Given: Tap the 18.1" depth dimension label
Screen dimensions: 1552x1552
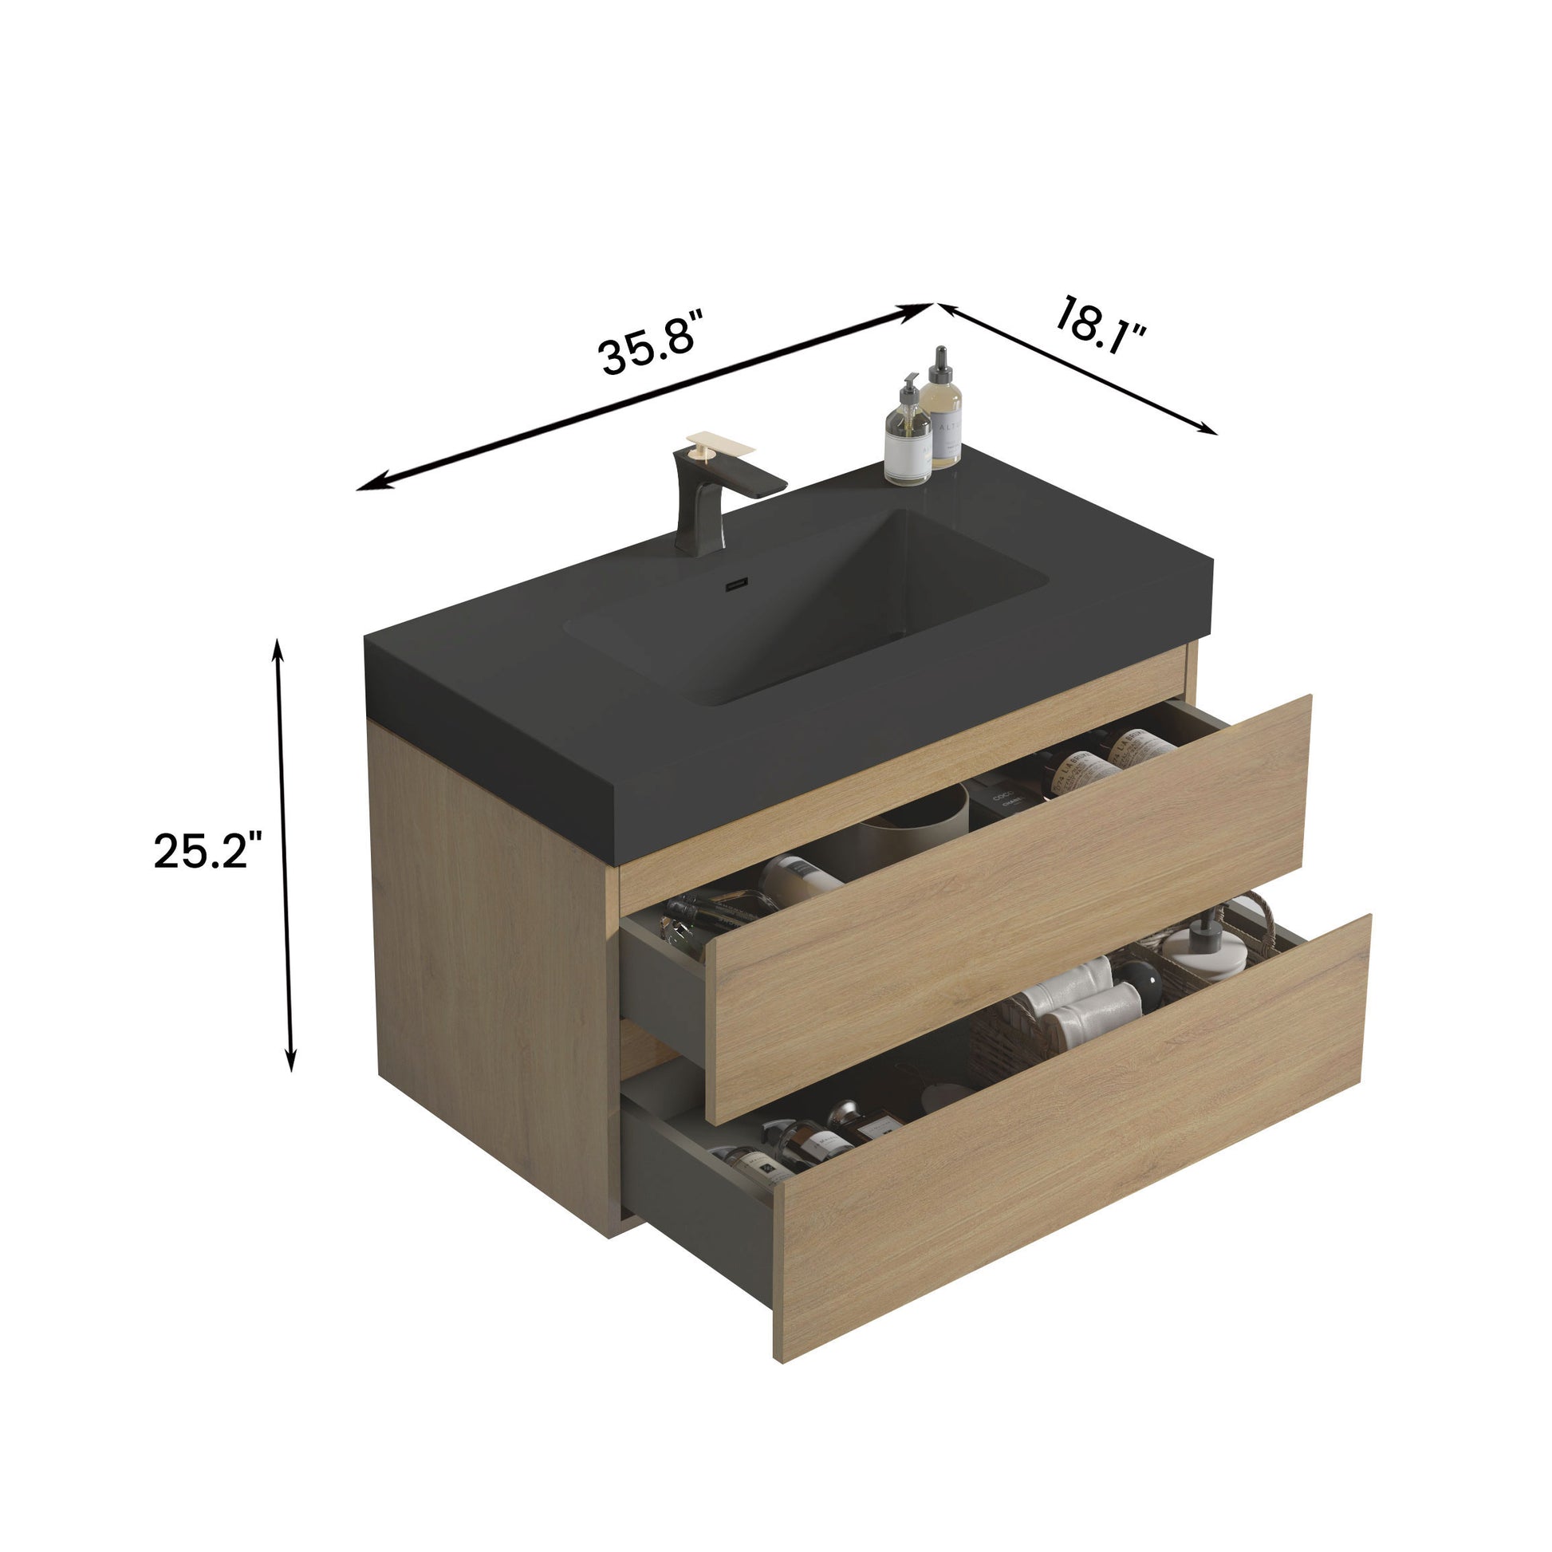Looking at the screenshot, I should tap(1100, 326).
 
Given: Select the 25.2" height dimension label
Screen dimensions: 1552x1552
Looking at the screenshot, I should tap(207, 851).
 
